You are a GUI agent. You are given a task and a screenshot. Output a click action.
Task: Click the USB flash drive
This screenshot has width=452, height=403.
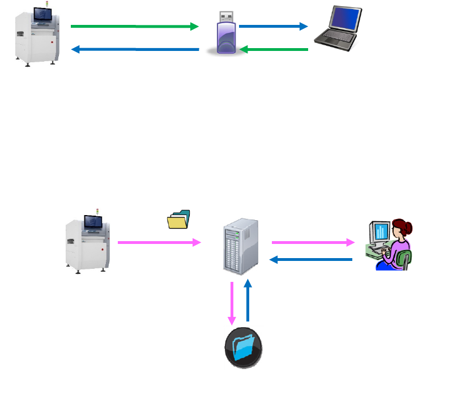(225, 35)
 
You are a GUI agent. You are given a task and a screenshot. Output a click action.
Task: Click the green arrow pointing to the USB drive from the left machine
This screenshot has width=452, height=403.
(134, 26)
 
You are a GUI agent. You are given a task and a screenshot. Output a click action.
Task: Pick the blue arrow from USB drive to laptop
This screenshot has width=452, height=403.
(273, 26)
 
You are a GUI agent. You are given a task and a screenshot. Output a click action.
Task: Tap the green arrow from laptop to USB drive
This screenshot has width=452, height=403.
(274, 50)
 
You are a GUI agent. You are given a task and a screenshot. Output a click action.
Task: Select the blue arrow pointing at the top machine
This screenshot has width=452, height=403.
(135, 50)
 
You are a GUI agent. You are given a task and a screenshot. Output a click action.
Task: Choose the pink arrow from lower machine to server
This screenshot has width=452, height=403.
(159, 242)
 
